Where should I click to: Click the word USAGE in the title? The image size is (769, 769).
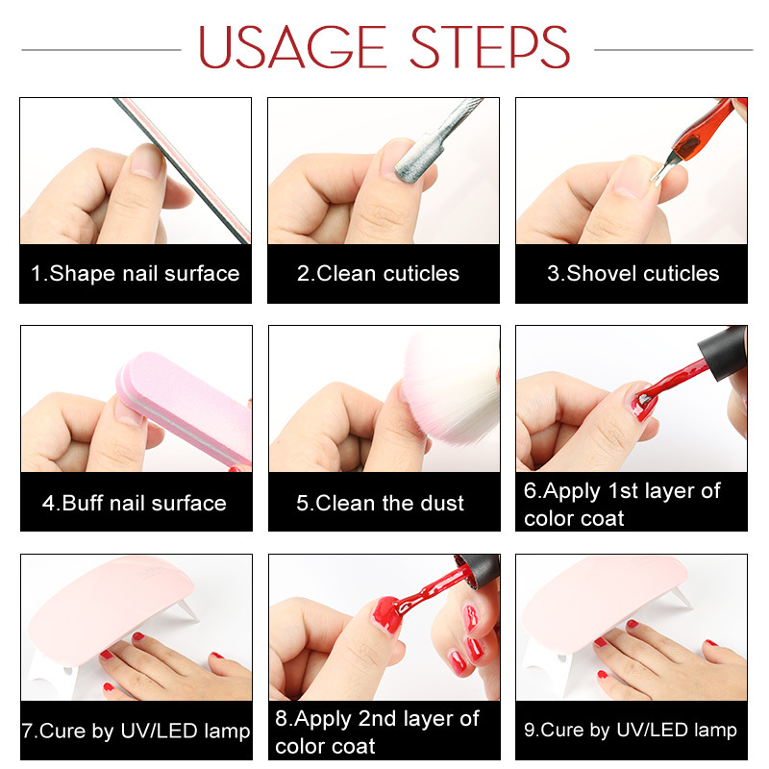coord(292,46)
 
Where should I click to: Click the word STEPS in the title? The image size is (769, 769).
coord(489,46)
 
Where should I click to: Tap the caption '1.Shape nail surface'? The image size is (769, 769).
coord(135,274)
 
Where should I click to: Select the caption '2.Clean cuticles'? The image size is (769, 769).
coord(378,274)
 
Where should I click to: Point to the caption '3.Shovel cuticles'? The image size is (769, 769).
coord(633,274)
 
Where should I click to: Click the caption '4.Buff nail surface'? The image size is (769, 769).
coord(135,503)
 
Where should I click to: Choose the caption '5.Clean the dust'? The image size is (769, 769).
coord(380,503)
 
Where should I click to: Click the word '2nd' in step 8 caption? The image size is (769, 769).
coord(377,718)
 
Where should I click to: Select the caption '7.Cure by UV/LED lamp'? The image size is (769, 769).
coord(136,732)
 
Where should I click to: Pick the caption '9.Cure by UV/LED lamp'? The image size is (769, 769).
coord(631,731)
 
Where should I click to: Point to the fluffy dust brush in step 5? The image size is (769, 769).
coord(451,387)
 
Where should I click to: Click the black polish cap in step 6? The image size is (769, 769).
coord(723,352)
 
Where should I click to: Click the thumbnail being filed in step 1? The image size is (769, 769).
coord(146,161)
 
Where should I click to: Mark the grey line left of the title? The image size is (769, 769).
coord(101,50)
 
